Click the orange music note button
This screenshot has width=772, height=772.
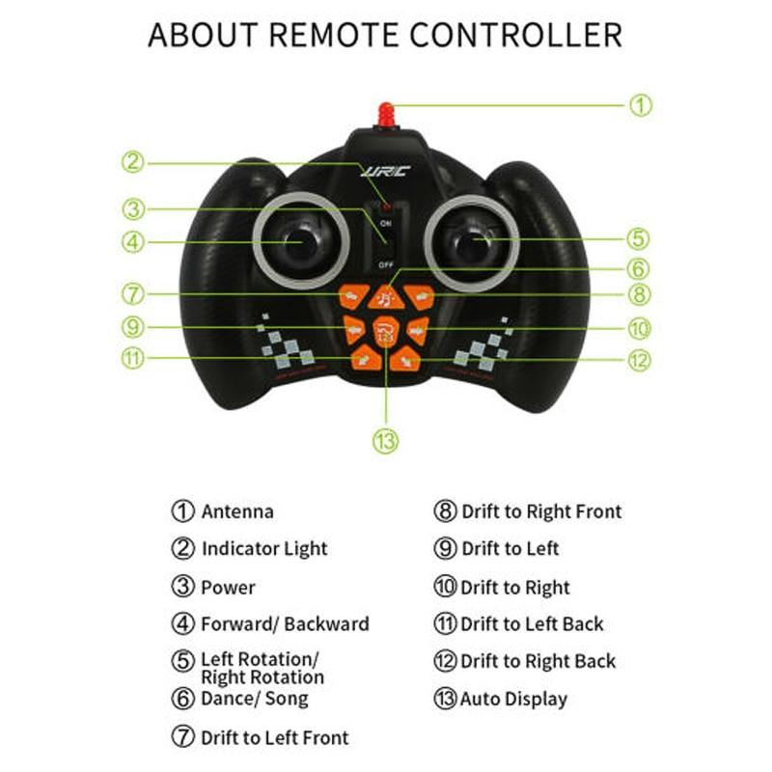[386, 296]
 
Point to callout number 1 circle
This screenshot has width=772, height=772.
[641, 105]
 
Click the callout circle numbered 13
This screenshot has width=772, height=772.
[386, 441]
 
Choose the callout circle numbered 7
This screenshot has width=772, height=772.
[133, 293]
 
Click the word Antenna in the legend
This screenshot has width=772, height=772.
[237, 512]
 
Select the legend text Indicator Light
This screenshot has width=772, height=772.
[264, 549]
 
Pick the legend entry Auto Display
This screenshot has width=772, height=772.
[513, 700]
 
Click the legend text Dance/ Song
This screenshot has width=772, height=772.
[255, 699]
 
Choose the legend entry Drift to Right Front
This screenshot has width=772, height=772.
[541, 512]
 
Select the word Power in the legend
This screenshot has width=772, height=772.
[229, 588]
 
